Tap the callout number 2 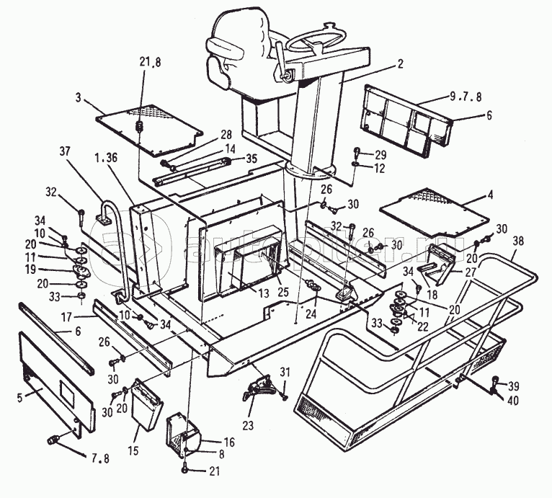click(399, 64)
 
